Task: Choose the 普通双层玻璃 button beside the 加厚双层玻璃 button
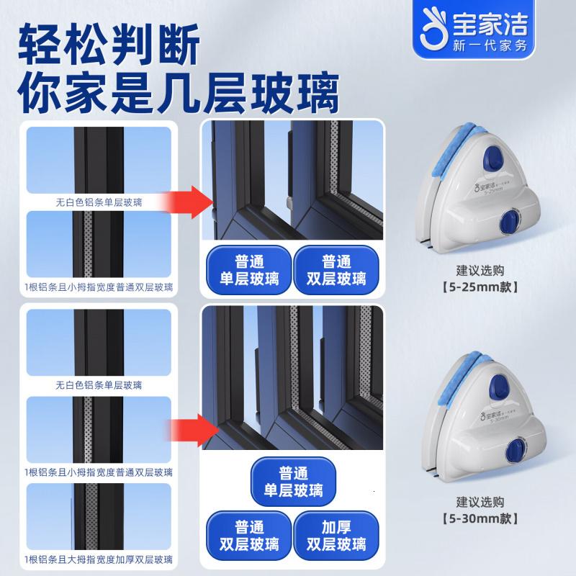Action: click(248, 533)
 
